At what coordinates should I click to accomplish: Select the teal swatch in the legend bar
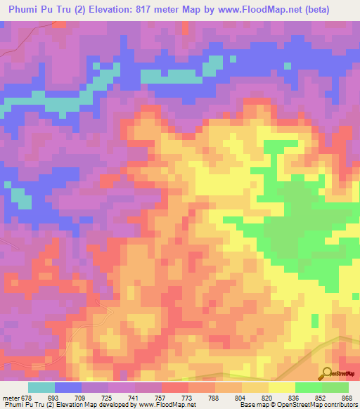pyautogui.click(x=41, y=387)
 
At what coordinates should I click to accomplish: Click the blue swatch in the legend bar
pyautogui.click(x=68, y=387)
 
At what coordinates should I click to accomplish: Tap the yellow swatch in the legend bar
pyautogui.click(x=281, y=387)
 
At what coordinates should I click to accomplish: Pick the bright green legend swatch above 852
pyautogui.click(x=308, y=387)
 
